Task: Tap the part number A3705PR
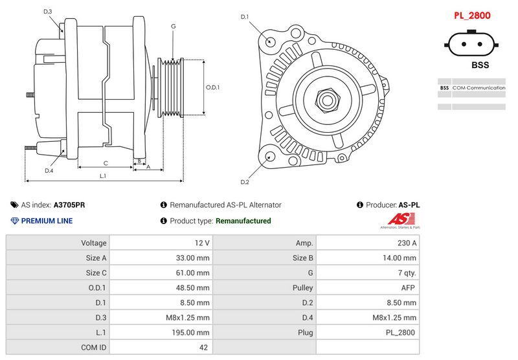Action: pos(69,205)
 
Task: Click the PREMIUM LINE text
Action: pos(47,221)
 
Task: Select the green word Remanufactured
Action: pos(243,221)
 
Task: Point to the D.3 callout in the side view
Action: pos(48,12)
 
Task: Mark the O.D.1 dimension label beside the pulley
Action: pos(213,87)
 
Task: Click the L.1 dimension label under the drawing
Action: pos(103,175)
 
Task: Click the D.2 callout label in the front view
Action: pos(245,181)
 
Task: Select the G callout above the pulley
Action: pos(173,26)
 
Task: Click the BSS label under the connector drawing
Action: pos(480,65)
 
